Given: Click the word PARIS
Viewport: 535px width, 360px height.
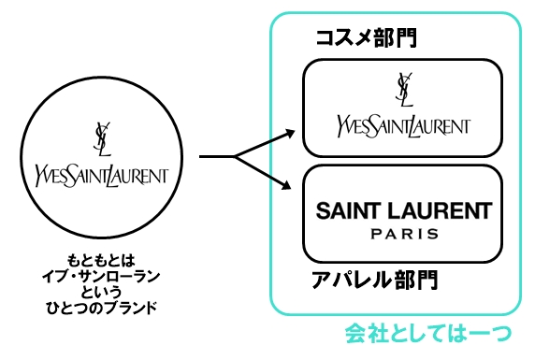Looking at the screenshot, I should (403, 233).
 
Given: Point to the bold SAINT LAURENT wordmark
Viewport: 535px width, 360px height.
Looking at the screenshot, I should (403, 209).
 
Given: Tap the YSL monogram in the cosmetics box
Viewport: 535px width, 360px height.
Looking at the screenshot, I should (404, 92).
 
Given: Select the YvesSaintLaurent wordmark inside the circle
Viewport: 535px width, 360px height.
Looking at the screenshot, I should (100, 174).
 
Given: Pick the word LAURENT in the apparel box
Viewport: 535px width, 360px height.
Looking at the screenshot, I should (443, 209).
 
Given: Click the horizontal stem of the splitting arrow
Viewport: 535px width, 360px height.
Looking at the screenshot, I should (217, 158).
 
